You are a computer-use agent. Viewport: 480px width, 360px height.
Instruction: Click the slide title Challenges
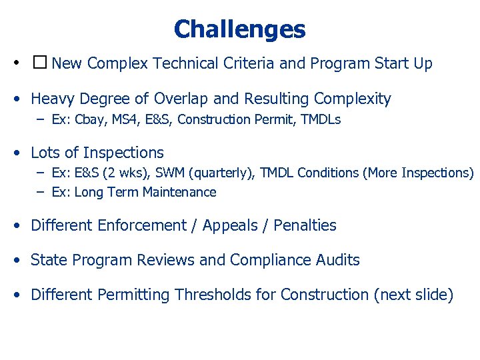click(x=239, y=29)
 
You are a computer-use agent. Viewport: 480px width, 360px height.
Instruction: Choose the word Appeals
click(x=229, y=226)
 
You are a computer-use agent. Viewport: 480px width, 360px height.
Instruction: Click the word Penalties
click(x=306, y=226)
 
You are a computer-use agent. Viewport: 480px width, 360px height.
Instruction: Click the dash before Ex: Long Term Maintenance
click(x=41, y=193)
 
